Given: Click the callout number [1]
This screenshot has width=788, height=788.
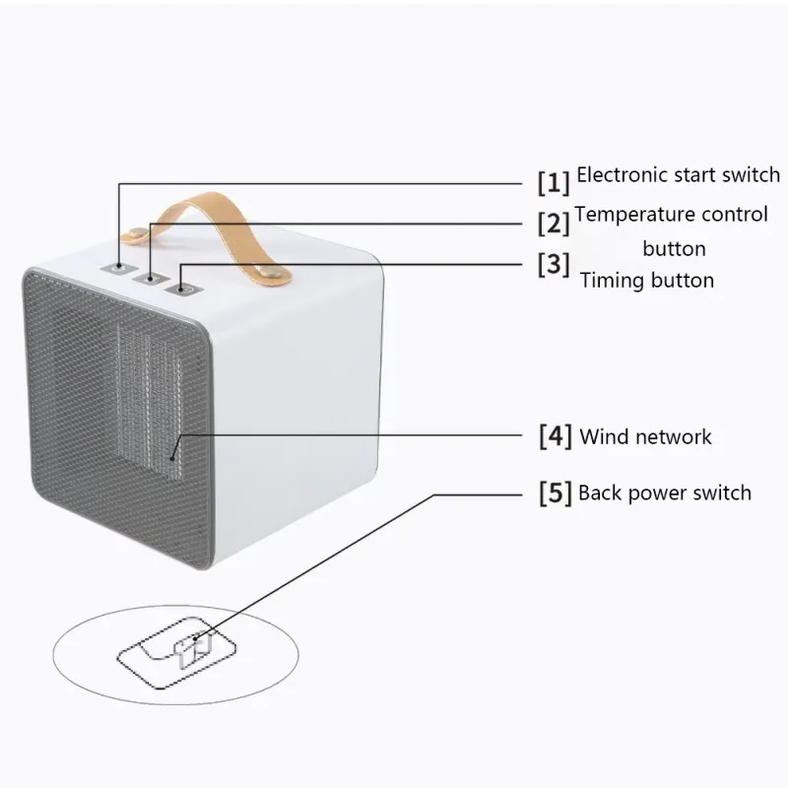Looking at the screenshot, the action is (554, 182).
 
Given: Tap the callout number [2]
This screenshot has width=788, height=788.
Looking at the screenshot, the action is (554, 224).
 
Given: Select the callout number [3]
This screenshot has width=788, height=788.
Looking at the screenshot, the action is (554, 264).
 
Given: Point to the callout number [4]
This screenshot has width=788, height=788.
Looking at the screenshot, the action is (556, 436).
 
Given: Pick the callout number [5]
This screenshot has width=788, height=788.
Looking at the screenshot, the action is (556, 493).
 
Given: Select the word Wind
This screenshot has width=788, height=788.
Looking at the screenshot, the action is (602, 436).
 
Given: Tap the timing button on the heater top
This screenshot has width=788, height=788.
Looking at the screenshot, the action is (184, 289).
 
